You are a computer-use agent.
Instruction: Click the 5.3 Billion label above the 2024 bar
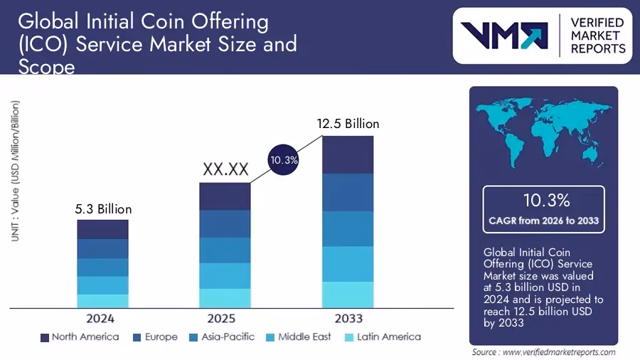coord(103,209)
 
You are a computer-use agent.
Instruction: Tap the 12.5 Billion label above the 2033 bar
coord(348,124)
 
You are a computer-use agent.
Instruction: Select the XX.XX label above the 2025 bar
coord(225,169)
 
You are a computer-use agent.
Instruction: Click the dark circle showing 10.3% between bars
coord(284,161)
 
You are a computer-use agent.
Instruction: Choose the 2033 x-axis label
coord(348,318)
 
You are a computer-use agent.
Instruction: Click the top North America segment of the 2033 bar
coord(348,154)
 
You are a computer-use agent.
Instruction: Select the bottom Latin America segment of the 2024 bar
coord(103,301)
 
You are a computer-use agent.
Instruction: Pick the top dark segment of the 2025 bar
coord(225,196)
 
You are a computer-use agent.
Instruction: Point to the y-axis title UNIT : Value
coord(15,171)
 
